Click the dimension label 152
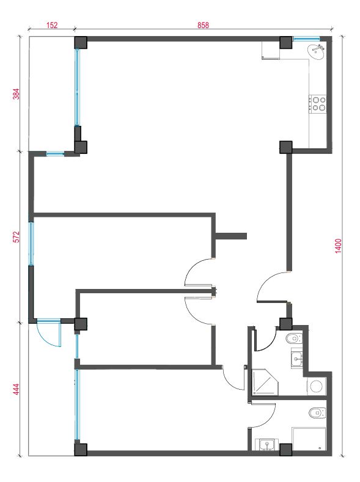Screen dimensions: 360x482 52,25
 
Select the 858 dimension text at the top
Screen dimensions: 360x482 203,25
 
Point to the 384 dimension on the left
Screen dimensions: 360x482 17,93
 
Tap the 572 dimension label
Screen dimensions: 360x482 17,236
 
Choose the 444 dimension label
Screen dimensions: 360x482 17,389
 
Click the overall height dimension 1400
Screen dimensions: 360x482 338,246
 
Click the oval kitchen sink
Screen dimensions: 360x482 316,53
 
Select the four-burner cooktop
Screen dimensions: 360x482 318,104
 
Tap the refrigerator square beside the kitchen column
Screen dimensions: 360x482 271,51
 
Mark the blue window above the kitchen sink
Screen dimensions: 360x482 306,38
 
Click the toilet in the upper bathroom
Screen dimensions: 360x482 294,339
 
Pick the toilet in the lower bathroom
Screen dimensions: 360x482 317,413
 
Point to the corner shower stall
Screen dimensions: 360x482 265,382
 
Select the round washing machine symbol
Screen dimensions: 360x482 316,386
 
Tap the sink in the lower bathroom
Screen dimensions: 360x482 267,445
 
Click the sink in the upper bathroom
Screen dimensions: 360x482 297,359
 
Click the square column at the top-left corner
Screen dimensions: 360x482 81,43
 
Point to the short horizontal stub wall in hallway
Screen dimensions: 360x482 231,236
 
